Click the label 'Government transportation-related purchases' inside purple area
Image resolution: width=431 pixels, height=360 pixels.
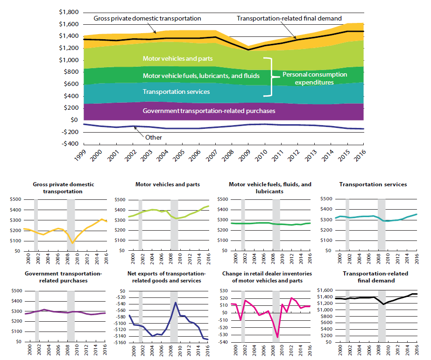click(209, 111)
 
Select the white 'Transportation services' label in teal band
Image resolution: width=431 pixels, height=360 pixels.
click(176, 92)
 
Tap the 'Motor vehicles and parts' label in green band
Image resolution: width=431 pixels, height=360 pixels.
click(177, 59)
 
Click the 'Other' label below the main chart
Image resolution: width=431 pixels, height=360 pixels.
click(154, 138)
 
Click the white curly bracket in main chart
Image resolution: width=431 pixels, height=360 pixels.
click(268, 77)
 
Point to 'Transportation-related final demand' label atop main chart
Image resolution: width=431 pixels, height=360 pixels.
click(289, 19)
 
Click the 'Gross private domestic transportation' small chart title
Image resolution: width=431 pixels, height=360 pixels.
click(64, 188)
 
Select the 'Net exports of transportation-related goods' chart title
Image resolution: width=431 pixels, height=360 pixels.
click(167, 277)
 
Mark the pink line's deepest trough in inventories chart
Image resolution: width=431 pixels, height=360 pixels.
click(278, 337)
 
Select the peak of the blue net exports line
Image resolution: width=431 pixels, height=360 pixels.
click(176, 303)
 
